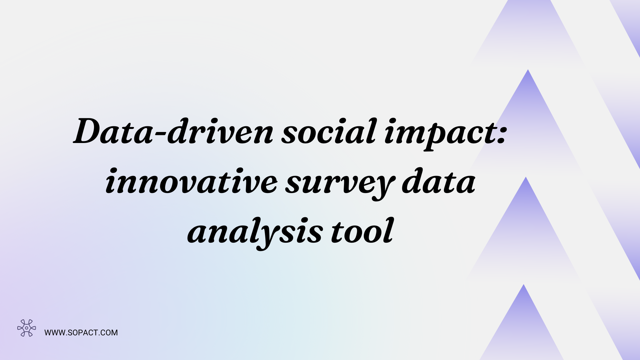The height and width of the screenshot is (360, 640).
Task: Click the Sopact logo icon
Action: tap(27, 328)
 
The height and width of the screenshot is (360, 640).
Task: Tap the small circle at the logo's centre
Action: tap(27, 328)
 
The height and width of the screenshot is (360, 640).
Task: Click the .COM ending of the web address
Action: tap(108, 333)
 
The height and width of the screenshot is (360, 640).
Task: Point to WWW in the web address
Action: tap(54, 333)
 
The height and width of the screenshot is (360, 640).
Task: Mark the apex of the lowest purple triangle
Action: tap(524, 285)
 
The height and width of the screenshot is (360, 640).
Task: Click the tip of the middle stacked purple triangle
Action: tap(526, 178)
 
